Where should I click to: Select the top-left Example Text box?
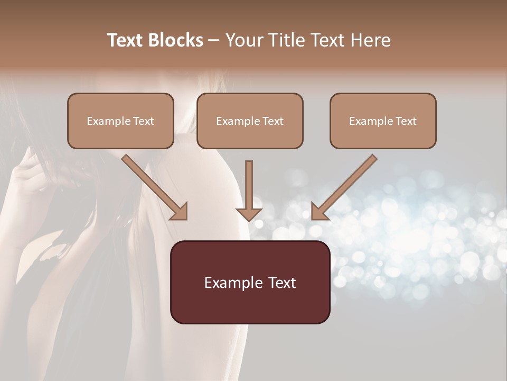(120, 121)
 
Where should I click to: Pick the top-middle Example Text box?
(250, 121)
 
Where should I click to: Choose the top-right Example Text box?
(383, 121)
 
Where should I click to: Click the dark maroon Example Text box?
(250, 282)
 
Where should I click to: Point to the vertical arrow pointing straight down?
(249, 188)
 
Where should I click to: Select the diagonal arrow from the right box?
(346, 185)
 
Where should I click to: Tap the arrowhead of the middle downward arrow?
(249, 214)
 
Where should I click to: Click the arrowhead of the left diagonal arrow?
(180, 212)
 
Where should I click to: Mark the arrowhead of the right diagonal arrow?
(318, 212)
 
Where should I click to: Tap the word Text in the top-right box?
(406, 121)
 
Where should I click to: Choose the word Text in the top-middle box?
(273, 121)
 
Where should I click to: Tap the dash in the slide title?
(214, 40)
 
